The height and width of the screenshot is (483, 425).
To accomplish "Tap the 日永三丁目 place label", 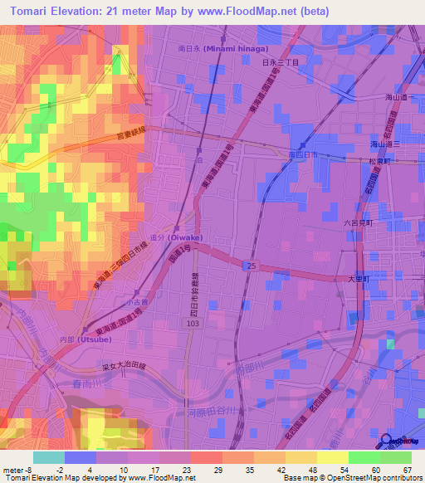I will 279,63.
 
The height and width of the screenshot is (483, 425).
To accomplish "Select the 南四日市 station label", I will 303,155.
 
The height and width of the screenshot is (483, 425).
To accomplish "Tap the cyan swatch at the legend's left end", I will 49,457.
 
